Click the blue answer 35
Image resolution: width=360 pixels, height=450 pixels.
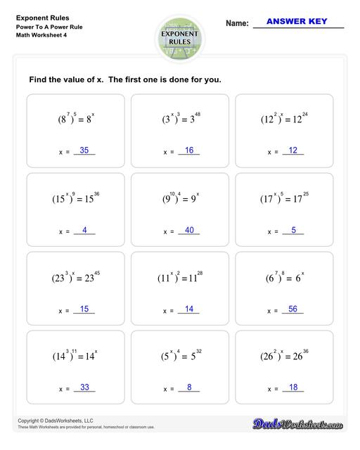[84, 150]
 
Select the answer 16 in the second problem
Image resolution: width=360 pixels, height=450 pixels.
[189, 150]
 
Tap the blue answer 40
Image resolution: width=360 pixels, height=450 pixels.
[189, 230]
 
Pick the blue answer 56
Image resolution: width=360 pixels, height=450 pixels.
[293, 309]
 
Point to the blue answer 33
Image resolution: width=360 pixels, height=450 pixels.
[84, 387]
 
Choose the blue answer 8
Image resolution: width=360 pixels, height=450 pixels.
[189, 387]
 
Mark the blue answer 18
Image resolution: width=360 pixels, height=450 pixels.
[293, 387]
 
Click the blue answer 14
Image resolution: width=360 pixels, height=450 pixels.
[189, 309]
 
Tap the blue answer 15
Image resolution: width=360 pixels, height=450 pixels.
[84, 309]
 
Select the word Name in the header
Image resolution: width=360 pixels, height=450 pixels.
[237, 23]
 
